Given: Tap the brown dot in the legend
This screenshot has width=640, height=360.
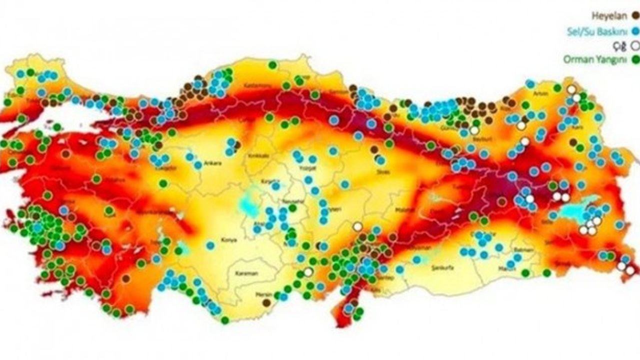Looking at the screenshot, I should (636, 15).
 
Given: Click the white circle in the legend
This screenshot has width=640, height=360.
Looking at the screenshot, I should (635, 45).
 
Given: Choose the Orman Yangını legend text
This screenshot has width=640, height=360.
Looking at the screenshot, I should (595, 59).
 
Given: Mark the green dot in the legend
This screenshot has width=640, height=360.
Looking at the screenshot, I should (636, 59).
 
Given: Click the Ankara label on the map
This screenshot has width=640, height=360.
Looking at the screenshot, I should (212, 163).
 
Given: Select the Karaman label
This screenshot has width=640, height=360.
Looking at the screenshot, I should (246, 273).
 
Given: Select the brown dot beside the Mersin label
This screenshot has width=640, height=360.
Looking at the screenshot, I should (267, 302).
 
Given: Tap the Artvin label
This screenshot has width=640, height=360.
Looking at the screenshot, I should (540, 92).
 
